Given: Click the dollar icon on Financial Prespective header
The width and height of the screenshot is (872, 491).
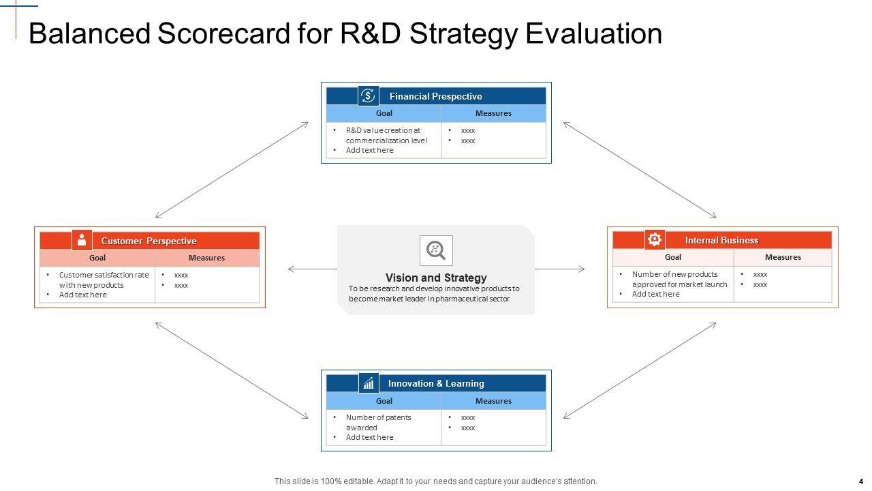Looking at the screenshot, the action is (x=368, y=95).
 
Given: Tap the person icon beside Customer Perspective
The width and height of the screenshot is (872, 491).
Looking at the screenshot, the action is (x=82, y=239).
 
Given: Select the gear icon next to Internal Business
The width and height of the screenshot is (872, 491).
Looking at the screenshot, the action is (x=655, y=239).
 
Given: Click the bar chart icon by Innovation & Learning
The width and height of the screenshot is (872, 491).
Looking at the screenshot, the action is (x=369, y=383).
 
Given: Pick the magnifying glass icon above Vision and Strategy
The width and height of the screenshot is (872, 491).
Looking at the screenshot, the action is (x=436, y=250).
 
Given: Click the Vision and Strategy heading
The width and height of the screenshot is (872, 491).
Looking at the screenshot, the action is (x=436, y=278).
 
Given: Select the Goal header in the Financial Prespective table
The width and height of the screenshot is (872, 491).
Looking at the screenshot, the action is (x=384, y=113).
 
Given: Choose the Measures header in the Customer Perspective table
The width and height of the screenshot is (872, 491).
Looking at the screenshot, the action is (x=206, y=258).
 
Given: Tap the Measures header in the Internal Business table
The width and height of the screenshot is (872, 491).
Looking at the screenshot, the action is (x=783, y=257).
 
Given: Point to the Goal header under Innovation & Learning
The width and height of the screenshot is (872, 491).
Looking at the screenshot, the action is (x=384, y=401).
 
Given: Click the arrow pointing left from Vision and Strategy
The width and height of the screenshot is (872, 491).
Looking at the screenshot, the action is (x=313, y=269).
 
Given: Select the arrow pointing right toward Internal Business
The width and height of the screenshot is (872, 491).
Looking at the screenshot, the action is (x=560, y=269).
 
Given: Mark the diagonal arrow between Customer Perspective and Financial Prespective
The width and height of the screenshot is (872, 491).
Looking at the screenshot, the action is (x=232, y=170).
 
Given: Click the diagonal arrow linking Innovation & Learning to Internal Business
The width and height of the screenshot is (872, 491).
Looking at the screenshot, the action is (x=640, y=370).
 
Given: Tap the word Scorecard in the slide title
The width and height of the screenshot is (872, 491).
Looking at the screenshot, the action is (x=224, y=33).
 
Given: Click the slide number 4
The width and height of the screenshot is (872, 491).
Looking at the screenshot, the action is (x=860, y=481).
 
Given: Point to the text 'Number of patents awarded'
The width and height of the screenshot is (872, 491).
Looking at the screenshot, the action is (x=378, y=422).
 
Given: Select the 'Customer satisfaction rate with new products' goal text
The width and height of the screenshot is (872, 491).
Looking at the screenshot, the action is (x=104, y=280).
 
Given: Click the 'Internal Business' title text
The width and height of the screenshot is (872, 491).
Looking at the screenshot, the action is (x=721, y=240).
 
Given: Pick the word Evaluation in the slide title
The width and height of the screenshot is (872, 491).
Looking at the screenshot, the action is (x=593, y=33).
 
